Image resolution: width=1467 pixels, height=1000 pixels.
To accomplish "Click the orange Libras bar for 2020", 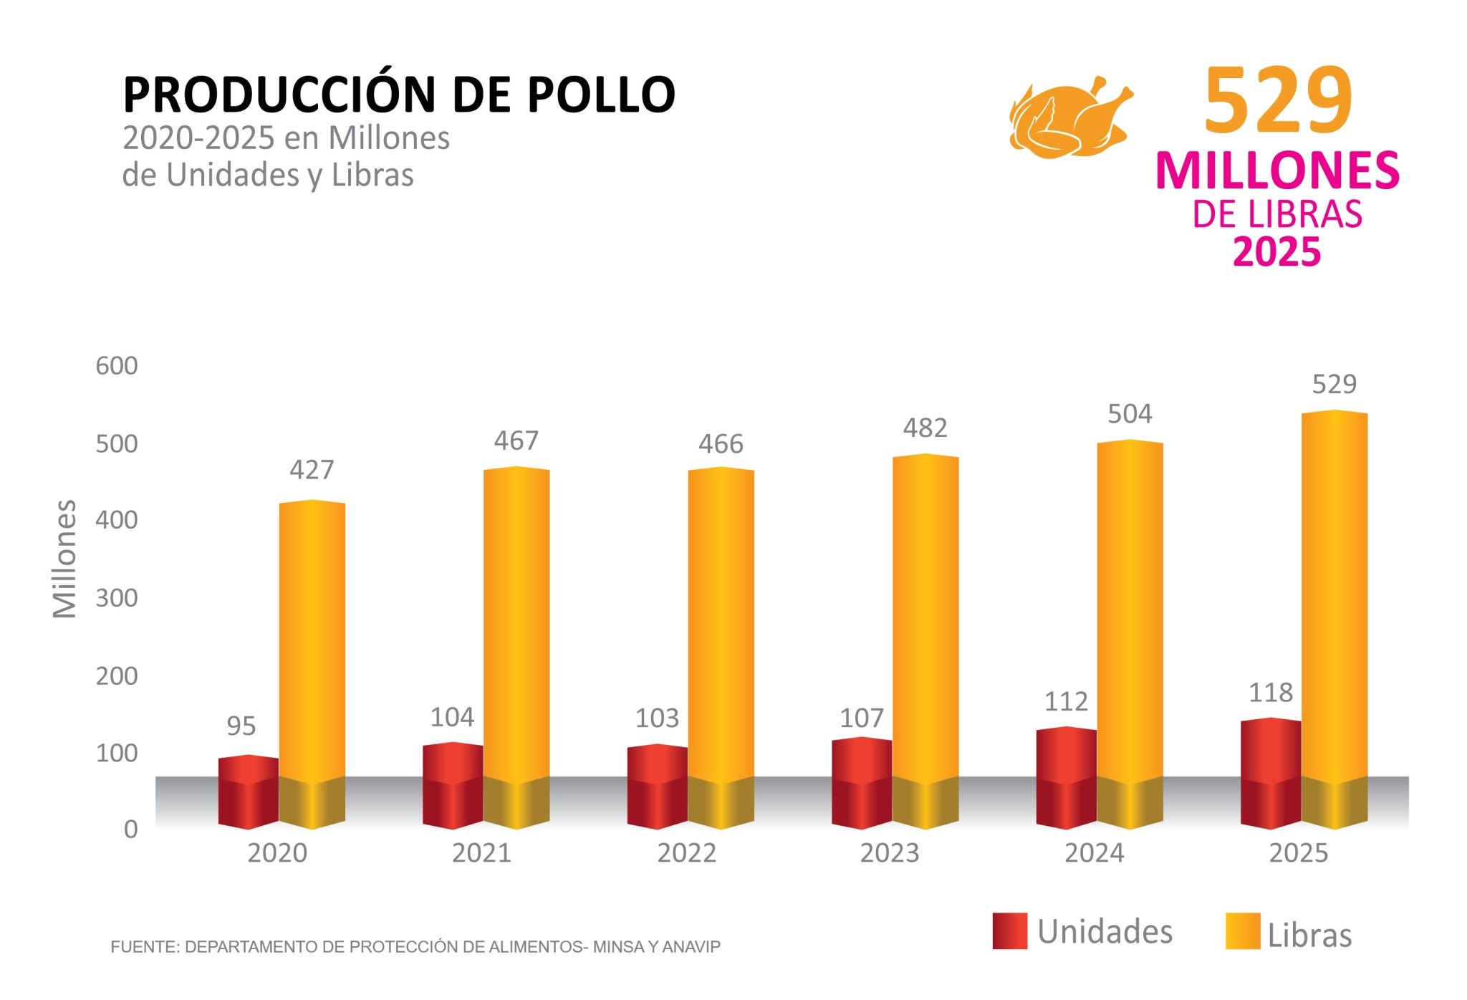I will (x=312, y=645).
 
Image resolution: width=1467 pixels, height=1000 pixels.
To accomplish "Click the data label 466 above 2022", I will (x=721, y=444).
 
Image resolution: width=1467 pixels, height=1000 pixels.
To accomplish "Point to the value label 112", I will (x=1066, y=701).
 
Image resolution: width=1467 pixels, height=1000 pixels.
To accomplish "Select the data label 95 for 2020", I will (x=241, y=726).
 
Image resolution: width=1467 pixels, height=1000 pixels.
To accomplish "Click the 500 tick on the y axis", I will (x=117, y=444).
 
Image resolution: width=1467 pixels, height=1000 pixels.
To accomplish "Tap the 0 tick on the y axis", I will (x=130, y=830).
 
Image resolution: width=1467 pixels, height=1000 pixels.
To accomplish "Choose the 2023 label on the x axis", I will (x=890, y=853).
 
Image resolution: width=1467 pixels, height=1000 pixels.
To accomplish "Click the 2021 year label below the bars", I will (x=481, y=853).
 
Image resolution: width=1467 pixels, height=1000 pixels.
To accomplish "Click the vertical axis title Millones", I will (x=64, y=559).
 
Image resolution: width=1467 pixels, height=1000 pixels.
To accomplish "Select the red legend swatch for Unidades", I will (x=1010, y=931).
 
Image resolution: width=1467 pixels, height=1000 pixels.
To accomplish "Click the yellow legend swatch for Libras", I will (x=1243, y=931).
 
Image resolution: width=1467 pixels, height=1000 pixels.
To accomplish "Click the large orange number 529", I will (x=1278, y=100).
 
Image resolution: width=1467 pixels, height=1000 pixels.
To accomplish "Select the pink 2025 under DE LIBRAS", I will (x=1276, y=252).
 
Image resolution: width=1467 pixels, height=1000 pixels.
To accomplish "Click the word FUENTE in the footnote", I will (x=145, y=947).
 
